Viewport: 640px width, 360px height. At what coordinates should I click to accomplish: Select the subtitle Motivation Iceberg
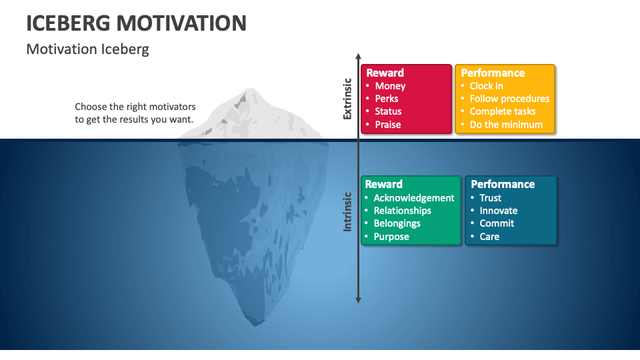pyautogui.click(x=87, y=49)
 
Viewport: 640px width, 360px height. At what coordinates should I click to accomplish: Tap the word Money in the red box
pyautogui.click(x=390, y=86)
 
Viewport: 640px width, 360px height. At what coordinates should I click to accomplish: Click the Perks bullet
pyautogui.click(x=387, y=99)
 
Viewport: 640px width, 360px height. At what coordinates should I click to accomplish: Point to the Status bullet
pyautogui.click(x=388, y=111)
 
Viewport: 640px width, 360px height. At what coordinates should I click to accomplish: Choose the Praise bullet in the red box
pyautogui.click(x=387, y=125)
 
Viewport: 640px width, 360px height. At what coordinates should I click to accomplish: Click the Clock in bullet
pyautogui.click(x=486, y=86)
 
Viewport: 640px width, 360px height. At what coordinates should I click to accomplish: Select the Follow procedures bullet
pyautogui.click(x=509, y=99)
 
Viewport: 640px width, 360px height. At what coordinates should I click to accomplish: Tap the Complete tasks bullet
pyautogui.click(x=502, y=111)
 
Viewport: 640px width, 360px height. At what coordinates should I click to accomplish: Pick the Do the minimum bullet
pyautogui.click(x=506, y=125)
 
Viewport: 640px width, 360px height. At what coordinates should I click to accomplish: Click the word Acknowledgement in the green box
pyautogui.click(x=413, y=198)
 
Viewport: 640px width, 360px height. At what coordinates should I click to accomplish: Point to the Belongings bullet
pyautogui.click(x=397, y=223)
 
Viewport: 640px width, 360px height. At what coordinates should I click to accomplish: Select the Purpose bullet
pyautogui.click(x=391, y=237)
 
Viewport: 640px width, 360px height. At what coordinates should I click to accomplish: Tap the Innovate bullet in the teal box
pyautogui.click(x=498, y=211)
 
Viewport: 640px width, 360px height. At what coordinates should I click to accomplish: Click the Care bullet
pyautogui.click(x=489, y=237)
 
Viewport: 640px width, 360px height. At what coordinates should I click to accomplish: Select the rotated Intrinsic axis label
pyautogui.click(x=347, y=211)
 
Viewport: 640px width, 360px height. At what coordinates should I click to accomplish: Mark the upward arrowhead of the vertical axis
pyautogui.click(x=358, y=57)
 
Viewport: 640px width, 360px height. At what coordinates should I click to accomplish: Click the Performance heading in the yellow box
pyautogui.click(x=493, y=73)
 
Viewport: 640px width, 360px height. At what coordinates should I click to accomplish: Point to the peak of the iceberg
pyautogui.click(x=251, y=89)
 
